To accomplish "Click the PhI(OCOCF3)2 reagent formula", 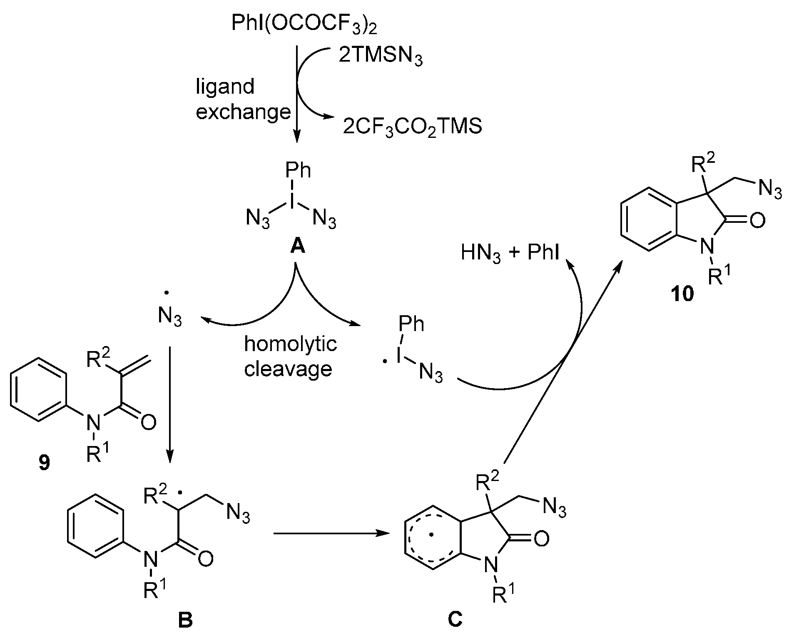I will pos(299,25).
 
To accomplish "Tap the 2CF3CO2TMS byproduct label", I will pos(412,126).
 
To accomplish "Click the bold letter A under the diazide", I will pos(297,247).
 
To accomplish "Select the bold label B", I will pos(185,620).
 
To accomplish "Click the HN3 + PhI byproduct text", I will pos(510,253).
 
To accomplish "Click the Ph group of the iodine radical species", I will pos(411,324).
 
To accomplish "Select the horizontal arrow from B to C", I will pos(329,533).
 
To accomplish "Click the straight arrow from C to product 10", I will pos(562,362).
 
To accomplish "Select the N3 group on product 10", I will pos(770,190).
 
